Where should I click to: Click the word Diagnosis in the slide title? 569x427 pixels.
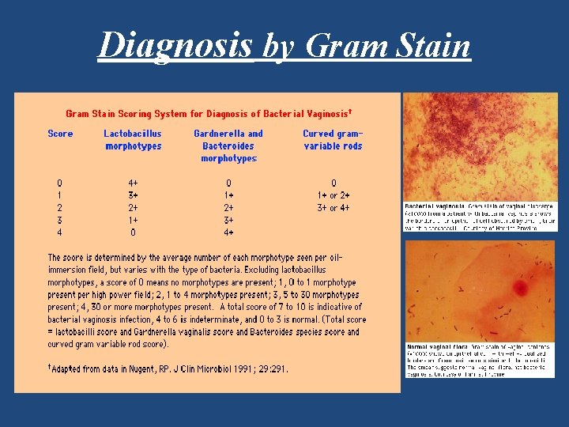point(175,46)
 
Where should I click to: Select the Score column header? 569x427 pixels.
point(60,134)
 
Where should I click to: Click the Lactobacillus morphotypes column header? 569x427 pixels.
point(133,140)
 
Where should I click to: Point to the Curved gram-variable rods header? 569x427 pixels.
point(333,140)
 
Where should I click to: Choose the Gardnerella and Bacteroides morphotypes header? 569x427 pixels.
point(228,146)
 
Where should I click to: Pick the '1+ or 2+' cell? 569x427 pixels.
point(333,195)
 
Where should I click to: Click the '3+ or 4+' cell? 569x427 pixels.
point(333,208)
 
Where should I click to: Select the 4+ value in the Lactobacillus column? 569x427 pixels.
point(133,183)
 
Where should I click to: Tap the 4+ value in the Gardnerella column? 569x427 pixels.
point(228,232)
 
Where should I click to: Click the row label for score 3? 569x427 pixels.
point(60,220)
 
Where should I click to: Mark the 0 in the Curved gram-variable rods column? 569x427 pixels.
point(333,183)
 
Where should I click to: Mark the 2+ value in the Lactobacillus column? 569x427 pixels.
point(133,208)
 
